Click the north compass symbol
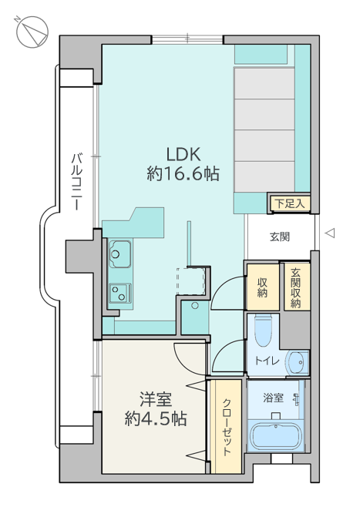pyautogui.click(x=32, y=32)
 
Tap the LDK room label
pyautogui.click(x=183, y=154)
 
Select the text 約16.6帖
pyautogui.click(x=183, y=173)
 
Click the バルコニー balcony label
pyautogui.click(x=76, y=182)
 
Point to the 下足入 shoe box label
pyautogui.click(x=290, y=203)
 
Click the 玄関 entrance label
pyautogui.click(x=280, y=237)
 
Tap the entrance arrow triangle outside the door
pyautogui.click(x=330, y=233)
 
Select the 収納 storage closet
pyautogui.click(x=263, y=287)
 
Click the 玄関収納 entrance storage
pyautogui.click(x=296, y=287)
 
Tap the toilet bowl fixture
pyautogui.click(x=264, y=330)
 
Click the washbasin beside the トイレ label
pyautogui.click(x=297, y=362)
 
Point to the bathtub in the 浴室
pyautogui.click(x=276, y=435)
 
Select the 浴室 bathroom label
pyautogui.click(x=274, y=398)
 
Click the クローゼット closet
pyautogui.click(x=226, y=427)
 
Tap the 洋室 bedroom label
pyautogui.click(x=156, y=399)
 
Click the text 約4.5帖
pyautogui.click(x=156, y=418)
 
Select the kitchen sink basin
pyautogui.click(x=120, y=253)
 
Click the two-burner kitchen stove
pyautogui.click(x=120, y=293)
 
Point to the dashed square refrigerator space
pyautogui.click(x=191, y=280)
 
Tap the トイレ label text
pyautogui.click(x=267, y=361)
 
